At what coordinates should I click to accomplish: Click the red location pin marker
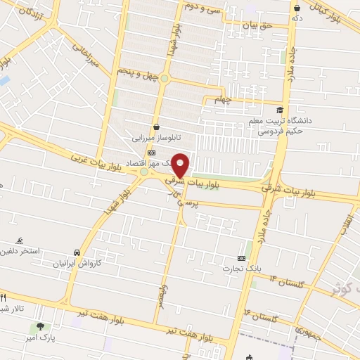click(x=181, y=165)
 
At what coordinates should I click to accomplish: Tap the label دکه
click(x=297, y=18)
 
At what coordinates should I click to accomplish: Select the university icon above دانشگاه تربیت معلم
click(x=281, y=110)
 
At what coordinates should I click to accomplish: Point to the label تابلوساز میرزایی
click(x=149, y=139)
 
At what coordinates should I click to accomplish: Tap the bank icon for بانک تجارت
click(x=243, y=258)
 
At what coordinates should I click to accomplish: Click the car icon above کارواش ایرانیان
click(x=76, y=252)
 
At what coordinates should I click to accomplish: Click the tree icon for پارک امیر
click(x=39, y=326)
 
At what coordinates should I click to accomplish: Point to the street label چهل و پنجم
click(x=136, y=72)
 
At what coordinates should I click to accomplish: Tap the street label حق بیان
click(x=257, y=25)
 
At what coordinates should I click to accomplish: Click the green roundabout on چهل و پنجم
click(x=165, y=78)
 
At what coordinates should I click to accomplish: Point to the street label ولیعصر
click(x=160, y=295)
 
